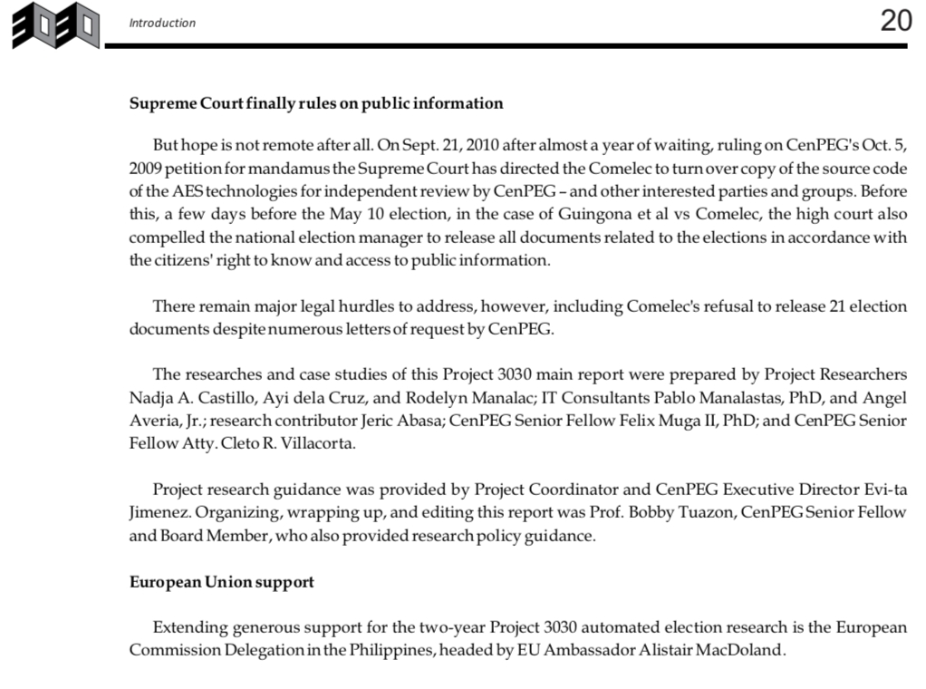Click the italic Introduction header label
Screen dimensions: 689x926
[162, 24]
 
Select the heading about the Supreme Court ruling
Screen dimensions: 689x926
[316, 103]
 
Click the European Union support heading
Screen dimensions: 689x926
[222, 582]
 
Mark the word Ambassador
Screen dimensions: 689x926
[579, 651]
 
